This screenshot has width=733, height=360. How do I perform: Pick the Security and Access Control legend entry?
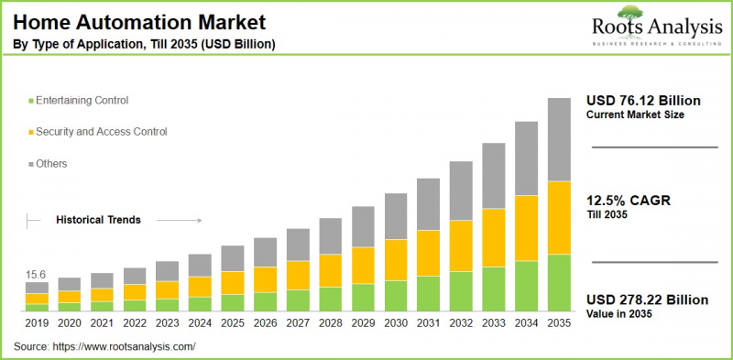(x=100, y=132)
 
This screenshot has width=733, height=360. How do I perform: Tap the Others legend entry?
(x=51, y=164)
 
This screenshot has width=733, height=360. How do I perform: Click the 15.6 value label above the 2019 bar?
(x=37, y=275)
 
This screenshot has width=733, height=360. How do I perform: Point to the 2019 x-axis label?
(x=37, y=322)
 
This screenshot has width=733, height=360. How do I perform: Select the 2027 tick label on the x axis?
(x=298, y=322)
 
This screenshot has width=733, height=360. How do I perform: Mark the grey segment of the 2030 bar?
(x=395, y=216)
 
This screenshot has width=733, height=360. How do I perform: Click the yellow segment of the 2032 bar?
(x=461, y=245)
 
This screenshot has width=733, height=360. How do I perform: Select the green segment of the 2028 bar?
(x=330, y=299)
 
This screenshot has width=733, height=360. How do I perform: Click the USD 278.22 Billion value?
(x=649, y=300)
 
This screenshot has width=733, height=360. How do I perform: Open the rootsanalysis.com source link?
(x=127, y=347)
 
